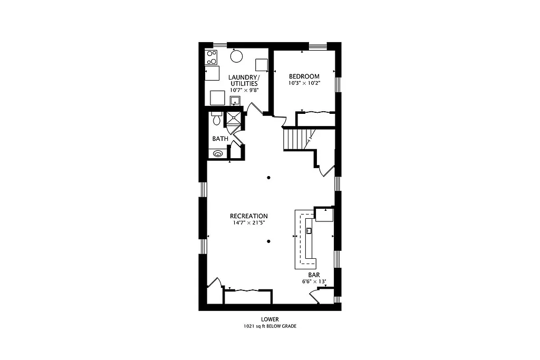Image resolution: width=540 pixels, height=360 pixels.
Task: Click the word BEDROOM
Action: pyautogui.click(x=304, y=76)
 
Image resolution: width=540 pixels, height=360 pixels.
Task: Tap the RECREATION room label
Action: pyautogui.click(x=248, y=216)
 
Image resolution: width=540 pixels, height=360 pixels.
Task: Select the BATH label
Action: pyautogui.click(x=220, y=139)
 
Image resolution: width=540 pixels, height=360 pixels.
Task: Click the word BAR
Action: pyautogui.click(x=314, y=275)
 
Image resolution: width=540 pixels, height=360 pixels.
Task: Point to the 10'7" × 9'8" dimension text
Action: pyautogui.click(x=244, y=90)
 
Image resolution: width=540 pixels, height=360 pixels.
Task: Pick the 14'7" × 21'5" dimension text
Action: pyautogui.click(x=248, y=223)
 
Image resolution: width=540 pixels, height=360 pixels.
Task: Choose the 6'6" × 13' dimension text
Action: pyautogui.click(x=314, y=281)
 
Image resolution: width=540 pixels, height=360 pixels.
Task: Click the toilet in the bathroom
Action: pyautogui.click(x=216, y=119)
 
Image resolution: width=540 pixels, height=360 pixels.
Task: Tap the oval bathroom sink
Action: pyautogui.click(x=217, y=154)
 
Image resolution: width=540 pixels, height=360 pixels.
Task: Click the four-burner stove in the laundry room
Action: pyautogui.click(x=211, y=57)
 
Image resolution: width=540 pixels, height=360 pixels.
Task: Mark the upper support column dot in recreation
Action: pyautogui.click(x=268, y=178)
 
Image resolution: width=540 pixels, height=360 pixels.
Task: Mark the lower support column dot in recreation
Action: pyautogui.click(x=268, y=241)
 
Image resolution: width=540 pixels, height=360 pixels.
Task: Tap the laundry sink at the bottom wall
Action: pyautogui.click(x=235, y=101)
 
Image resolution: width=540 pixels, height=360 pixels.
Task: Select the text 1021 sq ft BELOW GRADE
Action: pyautogui.click(x=269, y=326)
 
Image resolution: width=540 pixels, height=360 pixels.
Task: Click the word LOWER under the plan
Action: pyautogui.click(x=269, y=319)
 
